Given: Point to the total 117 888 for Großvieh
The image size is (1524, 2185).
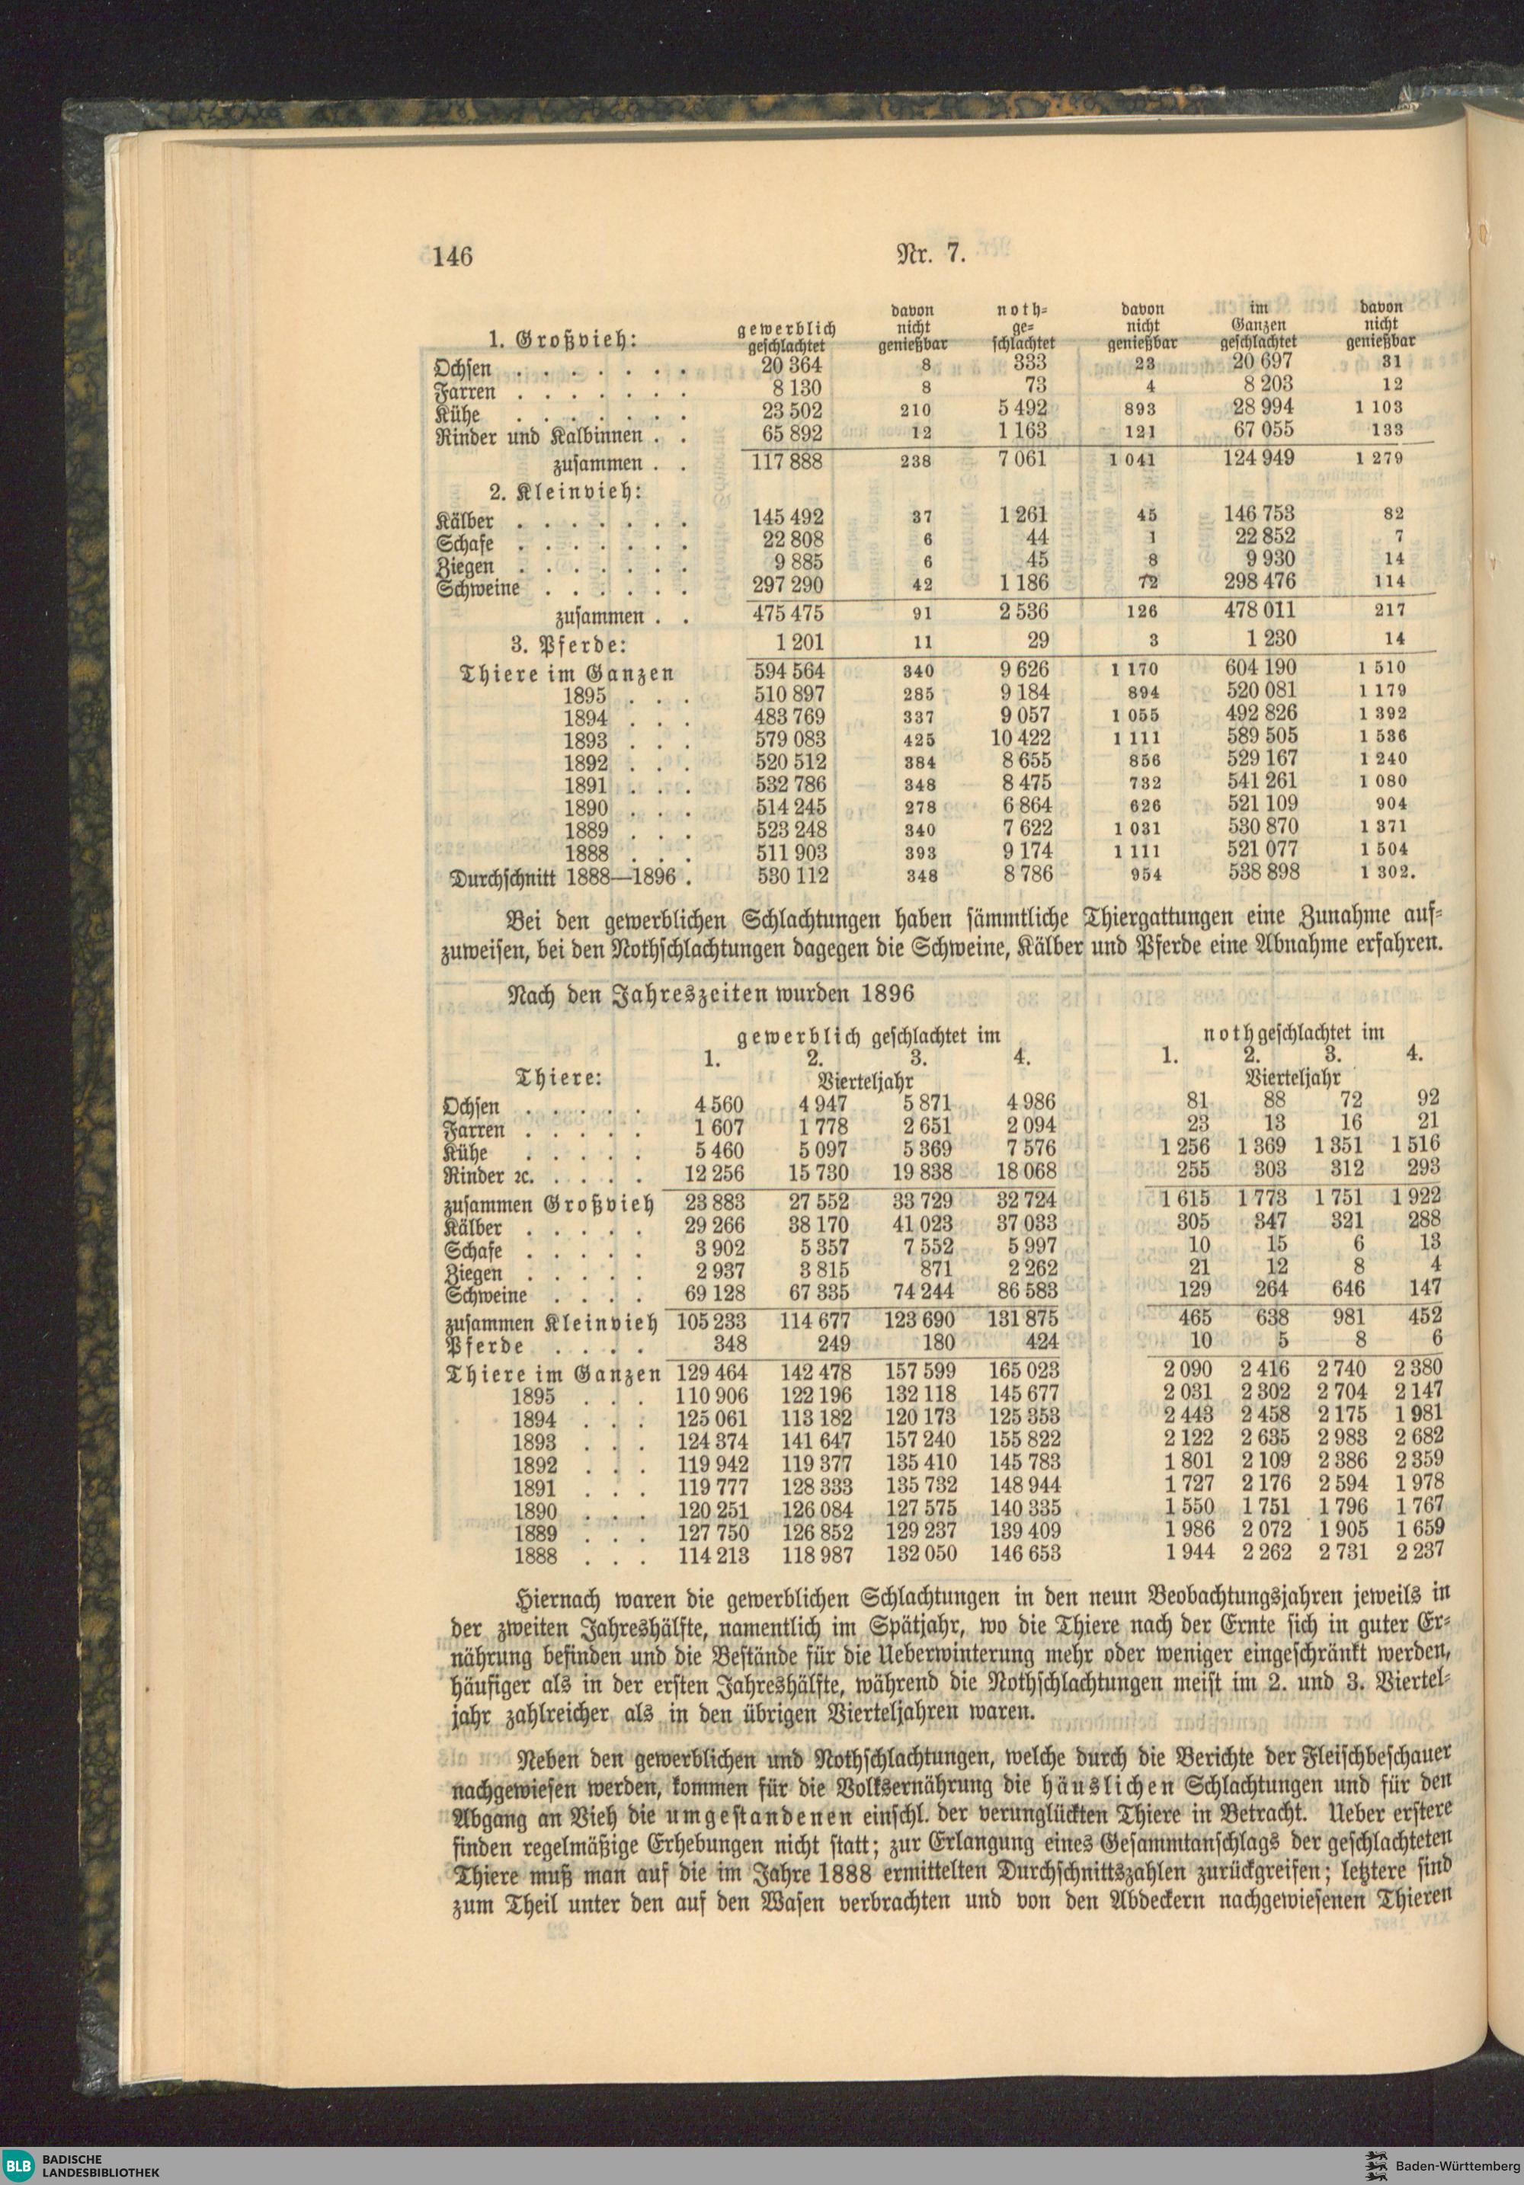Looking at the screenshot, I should point(787,462).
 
